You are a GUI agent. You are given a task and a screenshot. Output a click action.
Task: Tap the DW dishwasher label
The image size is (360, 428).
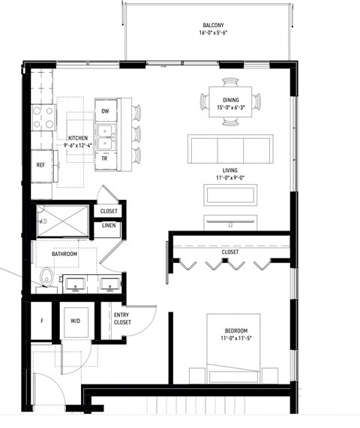tap(105, 111)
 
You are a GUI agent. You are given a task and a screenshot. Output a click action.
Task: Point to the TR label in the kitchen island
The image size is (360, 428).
tap(105, 158)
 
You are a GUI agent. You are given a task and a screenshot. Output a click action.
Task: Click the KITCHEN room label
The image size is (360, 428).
tap(79, 139)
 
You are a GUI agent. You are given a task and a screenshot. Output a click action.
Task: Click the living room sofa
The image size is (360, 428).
tap(230, 149)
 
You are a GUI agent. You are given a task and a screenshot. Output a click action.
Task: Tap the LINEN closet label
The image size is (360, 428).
tap(108, 226)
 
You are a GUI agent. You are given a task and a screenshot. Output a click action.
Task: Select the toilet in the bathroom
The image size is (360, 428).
tap(47, 279)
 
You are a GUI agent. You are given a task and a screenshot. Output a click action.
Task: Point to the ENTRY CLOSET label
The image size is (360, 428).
tap(122, 318)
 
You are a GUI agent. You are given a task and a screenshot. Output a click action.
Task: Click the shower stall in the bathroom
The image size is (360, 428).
tap(64, 222)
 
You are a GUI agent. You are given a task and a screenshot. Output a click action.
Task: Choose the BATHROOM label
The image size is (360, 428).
tap(64, 255)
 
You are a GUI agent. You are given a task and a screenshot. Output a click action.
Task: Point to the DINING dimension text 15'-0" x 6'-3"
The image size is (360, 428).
tap(231, 108)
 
